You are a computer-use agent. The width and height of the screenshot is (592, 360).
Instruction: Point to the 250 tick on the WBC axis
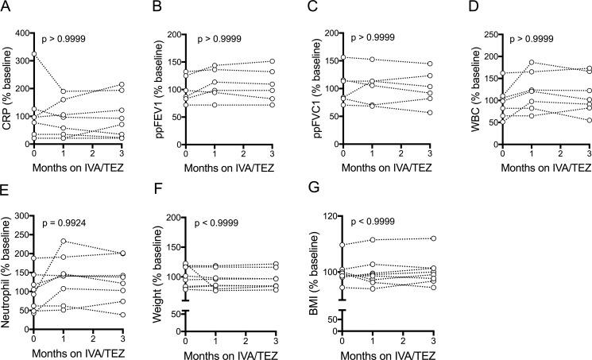pyautogui.click(x=477, y=34)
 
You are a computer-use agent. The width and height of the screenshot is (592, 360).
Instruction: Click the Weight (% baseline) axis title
pyautogui.click(x=158, y=271)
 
